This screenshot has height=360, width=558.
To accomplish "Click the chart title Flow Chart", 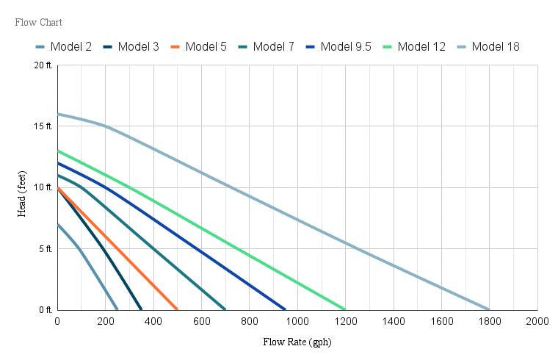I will pos(38,22).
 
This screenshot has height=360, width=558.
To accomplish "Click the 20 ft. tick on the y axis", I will pos(43,65).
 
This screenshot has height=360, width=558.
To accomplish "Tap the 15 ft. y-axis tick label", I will pos(43,126).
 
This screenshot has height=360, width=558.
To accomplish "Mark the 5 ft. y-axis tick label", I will pos(46,249).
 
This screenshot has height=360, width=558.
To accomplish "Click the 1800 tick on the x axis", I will pos(490,321).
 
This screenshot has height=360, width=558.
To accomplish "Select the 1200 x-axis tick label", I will pos(345,321).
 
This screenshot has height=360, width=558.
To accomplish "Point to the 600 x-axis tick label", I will pos(201,321).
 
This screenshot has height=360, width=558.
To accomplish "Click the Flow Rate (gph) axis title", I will pos(297,342).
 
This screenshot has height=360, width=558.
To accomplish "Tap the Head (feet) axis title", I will pos(22,188).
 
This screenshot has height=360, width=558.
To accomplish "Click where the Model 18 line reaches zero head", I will pos(489,309).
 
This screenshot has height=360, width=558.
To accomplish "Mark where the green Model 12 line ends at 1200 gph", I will pos(345,309).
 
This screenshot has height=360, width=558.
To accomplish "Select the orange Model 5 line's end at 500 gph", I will pos(177,309).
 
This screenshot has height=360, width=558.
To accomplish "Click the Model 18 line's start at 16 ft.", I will pos(57,114).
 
